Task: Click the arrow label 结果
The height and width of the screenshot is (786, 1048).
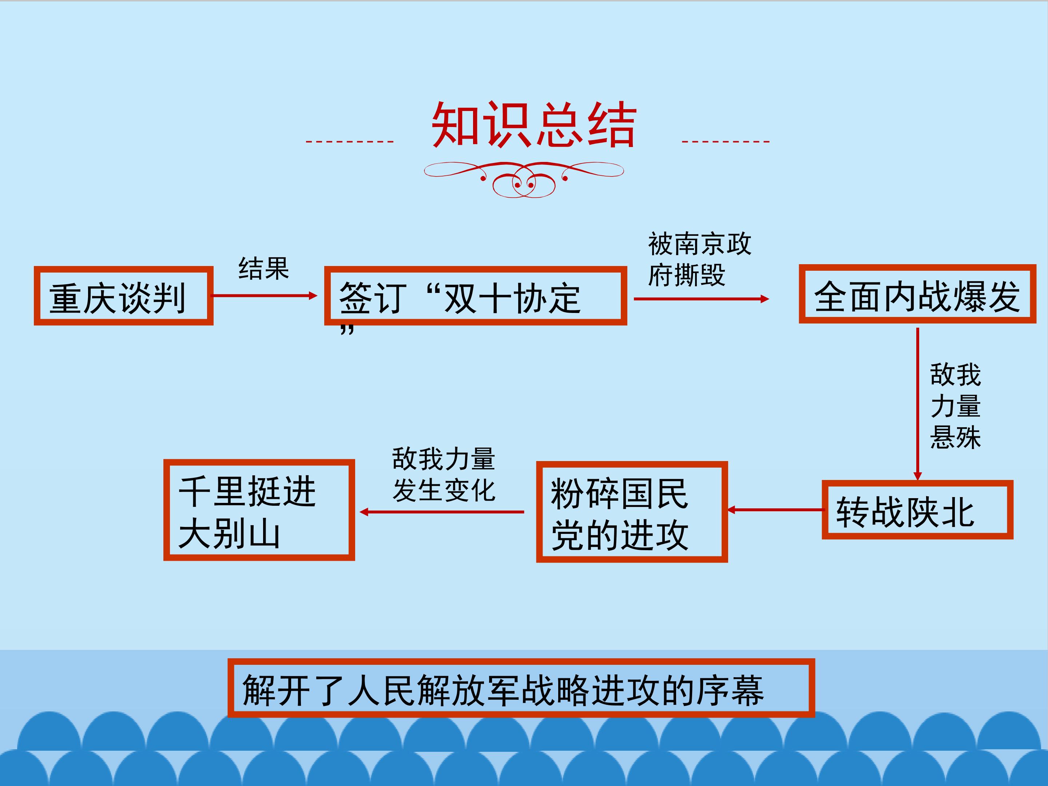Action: coord(263,268)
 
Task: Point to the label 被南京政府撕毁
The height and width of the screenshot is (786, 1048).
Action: coord(699,259)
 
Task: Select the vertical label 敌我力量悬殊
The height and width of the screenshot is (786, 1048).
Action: coord(955,406)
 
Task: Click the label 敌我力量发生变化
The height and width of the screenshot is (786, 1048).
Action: coord(444,474)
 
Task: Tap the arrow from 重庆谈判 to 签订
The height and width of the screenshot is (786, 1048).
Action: coord(264,295)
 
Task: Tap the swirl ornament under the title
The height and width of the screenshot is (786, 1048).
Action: coord(524,179)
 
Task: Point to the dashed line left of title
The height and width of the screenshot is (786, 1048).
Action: coord(350,141)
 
